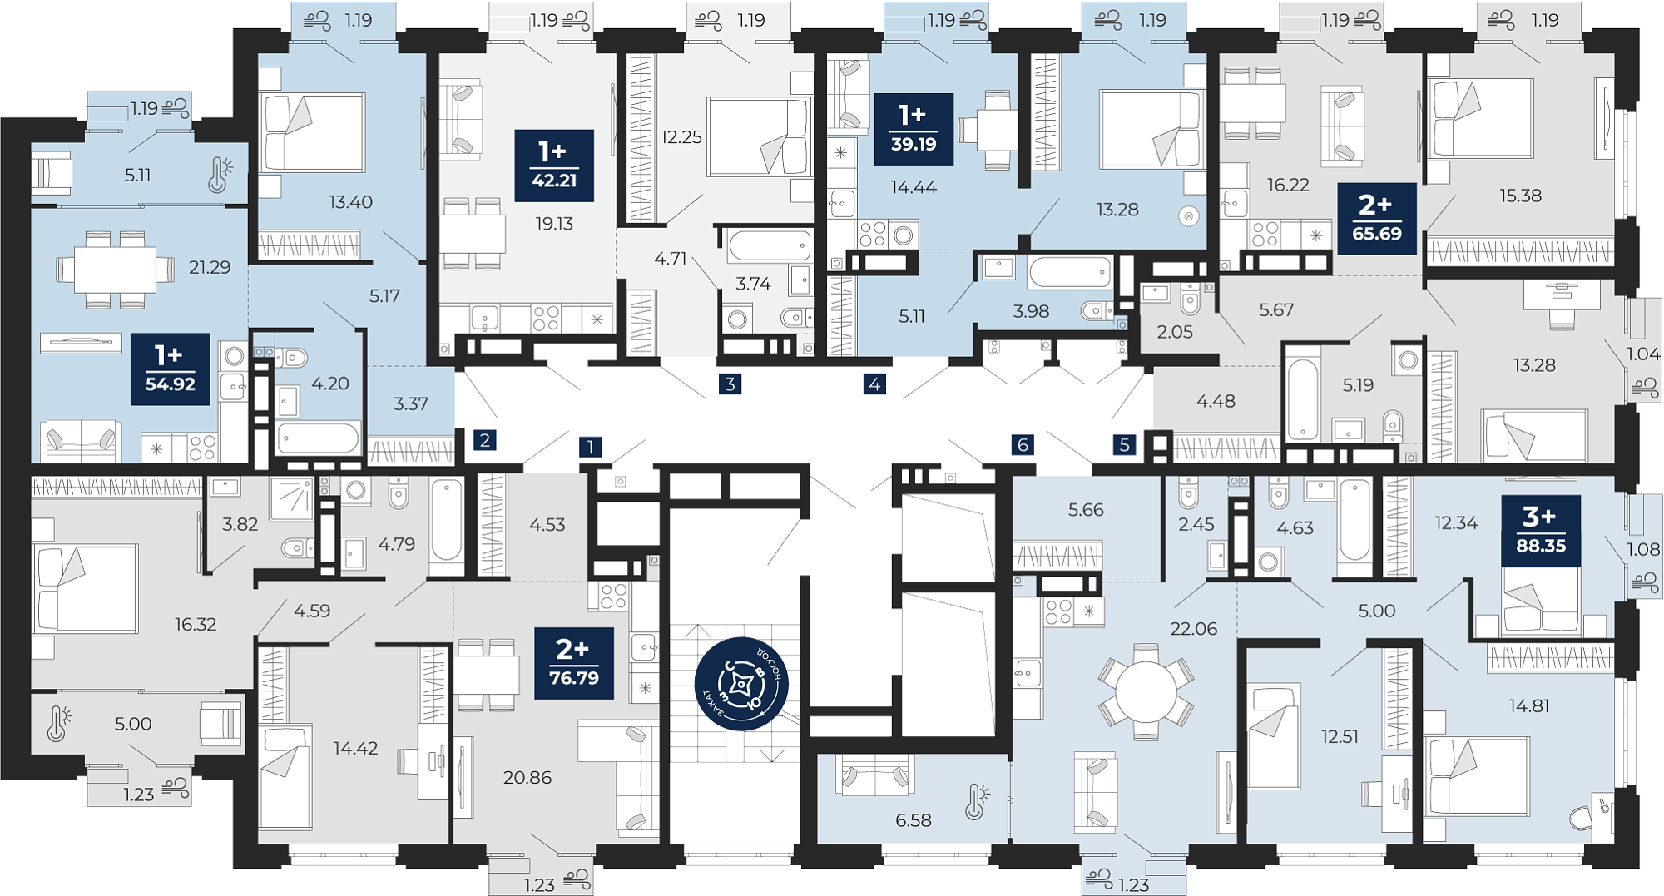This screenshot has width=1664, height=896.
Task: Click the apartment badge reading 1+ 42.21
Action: coord(554,166)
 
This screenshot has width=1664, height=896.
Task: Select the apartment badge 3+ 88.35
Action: coord(1541,531)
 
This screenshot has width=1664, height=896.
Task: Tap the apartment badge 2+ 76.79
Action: coord(573,663)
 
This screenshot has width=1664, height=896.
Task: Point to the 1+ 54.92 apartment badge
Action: coord(170,369)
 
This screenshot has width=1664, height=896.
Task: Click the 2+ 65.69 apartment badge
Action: coord(1377,219)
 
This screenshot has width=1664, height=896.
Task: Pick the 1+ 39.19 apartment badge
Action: coord(914,129)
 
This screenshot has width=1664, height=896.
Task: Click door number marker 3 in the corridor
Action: coord(730,384)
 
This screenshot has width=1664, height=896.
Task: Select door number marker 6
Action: coord(1023,444)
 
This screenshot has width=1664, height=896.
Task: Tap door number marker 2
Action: coord(484,439)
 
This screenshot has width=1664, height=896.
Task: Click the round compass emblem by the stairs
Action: coord(741,684)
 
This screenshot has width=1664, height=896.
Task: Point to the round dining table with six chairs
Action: coord(1146,691)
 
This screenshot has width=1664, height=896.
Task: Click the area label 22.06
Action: coord(1193,629)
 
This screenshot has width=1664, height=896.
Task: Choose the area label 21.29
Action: coord(210,267)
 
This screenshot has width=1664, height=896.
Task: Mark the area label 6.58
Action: coord(913,820)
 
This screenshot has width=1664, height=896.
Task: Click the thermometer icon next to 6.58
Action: coord(977,802)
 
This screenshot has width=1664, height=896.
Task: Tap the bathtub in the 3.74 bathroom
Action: coord(770,245)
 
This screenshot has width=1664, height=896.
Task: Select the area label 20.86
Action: coord(527,777)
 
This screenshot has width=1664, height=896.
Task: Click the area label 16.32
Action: coord(196,624)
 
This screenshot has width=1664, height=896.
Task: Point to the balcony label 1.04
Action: coord(1643,354)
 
